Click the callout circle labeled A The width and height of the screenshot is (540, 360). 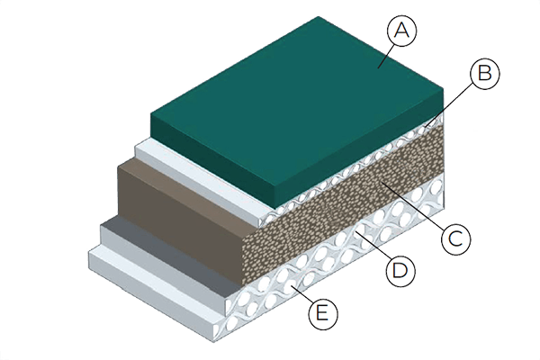tap(402, 31)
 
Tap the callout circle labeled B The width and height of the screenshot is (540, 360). tap(485, 74)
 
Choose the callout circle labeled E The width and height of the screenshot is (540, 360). tap(323, 314)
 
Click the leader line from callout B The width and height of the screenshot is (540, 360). tap(449, 106)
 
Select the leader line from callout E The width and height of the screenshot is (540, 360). tap(301, 296)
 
